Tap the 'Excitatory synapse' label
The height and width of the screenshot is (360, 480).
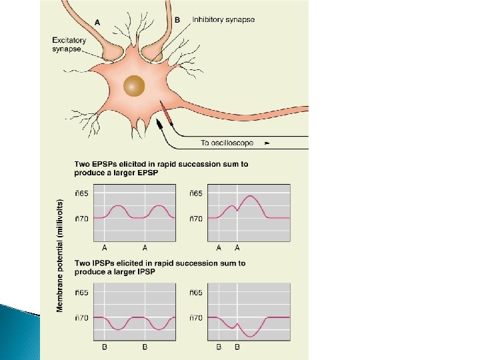(69, 45)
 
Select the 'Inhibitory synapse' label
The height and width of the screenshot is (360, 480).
(223, 21)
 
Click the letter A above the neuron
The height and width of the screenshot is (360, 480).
(98, 21)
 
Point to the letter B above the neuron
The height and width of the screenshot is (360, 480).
(177, 21)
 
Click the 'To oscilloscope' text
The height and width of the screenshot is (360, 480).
(227, 143)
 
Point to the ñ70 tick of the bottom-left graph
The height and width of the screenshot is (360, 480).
(82, 318)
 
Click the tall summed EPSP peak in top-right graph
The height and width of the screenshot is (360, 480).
(249, 197)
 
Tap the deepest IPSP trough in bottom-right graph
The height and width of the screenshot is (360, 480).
(248, 334)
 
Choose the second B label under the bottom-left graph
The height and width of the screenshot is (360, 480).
(145, 347)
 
